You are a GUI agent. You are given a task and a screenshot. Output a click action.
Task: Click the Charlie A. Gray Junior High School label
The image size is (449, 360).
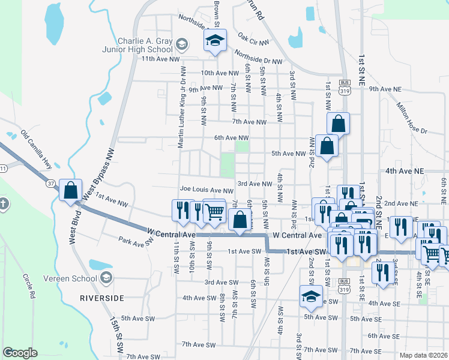coord(145,46)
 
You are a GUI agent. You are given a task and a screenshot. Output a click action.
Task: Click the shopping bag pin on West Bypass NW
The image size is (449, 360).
coord(71,190)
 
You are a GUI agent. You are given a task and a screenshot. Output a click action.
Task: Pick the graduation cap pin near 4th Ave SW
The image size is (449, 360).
coord(310,296)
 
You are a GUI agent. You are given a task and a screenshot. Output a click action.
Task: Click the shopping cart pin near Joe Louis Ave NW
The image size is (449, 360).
coord(214,211)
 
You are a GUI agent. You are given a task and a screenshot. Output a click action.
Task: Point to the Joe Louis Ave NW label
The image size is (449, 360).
coord(206,191)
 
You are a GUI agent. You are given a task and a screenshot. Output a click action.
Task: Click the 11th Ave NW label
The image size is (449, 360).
coord(160,59)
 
